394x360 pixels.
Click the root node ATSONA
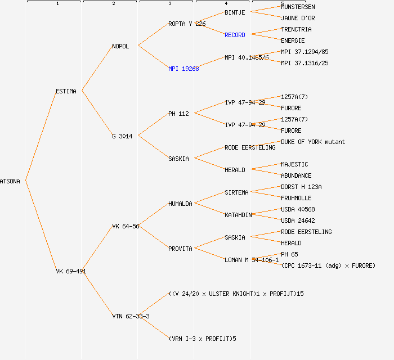(10, 181)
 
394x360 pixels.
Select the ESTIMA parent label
(66, 91)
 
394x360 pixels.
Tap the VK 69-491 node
(71, 271)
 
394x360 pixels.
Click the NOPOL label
(120, 46)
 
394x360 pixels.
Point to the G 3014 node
(122, 136)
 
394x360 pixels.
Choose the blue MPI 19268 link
(183, 69)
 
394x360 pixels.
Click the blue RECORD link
(235, 35)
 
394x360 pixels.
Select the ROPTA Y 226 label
(187, 24)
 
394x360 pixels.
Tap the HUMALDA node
(180, 204)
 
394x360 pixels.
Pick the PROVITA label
(180, 249)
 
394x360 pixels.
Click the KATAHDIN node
(238, 215)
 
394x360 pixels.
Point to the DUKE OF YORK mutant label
(313, 142)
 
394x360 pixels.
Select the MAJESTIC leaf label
(294, 164)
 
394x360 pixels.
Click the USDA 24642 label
(298, 220)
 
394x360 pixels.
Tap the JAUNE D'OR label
(298, 18)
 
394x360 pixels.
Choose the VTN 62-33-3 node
(131, 316)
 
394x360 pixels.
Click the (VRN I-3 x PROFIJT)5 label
(202, 339)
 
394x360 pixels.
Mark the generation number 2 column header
(113, 4)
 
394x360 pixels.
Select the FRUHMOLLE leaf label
(296, 198)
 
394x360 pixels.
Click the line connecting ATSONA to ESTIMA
(41, 135)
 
